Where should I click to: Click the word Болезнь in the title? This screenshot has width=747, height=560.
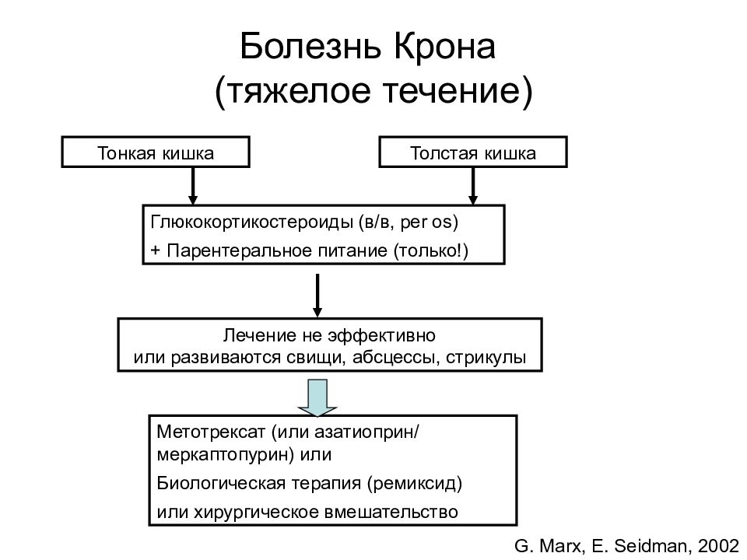[x=310, y=46]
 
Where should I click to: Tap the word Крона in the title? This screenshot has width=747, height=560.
[x=445, y=46]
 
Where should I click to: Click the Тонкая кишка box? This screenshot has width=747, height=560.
[x=156, y=152]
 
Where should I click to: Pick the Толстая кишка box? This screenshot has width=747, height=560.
[x=473, y=152]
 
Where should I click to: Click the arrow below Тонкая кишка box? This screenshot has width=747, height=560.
[x=192, y=186]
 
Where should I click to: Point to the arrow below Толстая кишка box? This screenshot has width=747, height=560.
[x=472, y=186]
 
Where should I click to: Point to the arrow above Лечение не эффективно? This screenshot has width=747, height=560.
[x=317, y=296]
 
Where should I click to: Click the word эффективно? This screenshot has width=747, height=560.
[x=381, y=336]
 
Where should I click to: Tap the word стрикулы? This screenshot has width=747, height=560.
[x=486, y=358]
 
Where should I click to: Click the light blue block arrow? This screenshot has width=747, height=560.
[x=317, y=397]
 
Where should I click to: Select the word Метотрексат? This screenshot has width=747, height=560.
[x=211, y=432]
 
